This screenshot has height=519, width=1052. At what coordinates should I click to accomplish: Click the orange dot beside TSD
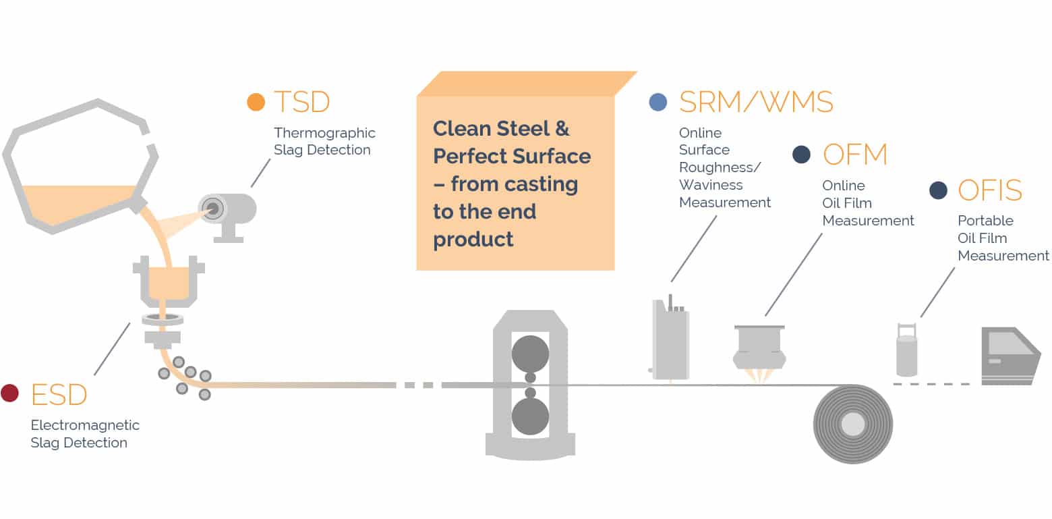pos(256,102)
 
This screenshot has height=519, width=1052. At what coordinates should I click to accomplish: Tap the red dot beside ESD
pos(9,393)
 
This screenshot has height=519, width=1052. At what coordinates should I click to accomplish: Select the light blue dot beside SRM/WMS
pos(657,102)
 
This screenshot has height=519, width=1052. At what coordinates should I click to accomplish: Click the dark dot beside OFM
pos(801,155)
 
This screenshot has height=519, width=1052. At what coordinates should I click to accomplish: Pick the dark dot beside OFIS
pos(938,190)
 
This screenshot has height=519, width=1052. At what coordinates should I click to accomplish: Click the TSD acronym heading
pos(301,102)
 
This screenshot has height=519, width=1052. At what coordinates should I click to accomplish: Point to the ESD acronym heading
pos(59,394)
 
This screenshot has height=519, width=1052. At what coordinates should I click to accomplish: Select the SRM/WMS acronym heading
pos(756,102)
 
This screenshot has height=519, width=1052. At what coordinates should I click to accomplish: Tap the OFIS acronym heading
pos(990,191)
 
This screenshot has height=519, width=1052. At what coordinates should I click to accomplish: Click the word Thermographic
pos(324,133)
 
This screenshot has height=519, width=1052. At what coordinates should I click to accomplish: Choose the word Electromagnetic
pos(85,425)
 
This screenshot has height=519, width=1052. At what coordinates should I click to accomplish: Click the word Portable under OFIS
pos(985,221)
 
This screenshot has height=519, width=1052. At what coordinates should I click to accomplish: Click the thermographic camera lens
pos(214,208)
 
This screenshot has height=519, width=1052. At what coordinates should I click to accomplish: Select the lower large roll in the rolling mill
pos(530,416)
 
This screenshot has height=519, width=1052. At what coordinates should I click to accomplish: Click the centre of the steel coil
pos(853,425)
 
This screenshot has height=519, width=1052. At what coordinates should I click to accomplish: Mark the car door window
pos(1010,343)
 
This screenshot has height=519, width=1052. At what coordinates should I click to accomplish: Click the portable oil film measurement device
pos(907,354)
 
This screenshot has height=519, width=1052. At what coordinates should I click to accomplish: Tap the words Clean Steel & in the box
pos(501,128)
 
